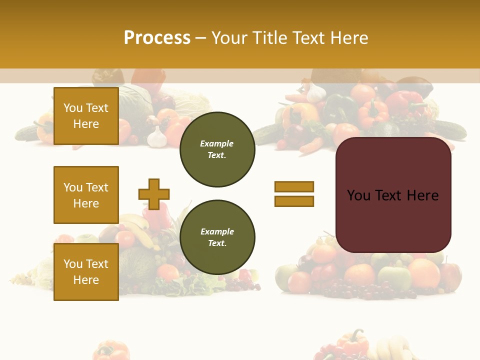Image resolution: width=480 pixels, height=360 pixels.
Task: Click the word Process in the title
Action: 157,38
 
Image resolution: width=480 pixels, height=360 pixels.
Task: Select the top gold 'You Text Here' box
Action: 86,116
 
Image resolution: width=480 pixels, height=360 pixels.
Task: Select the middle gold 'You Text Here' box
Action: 86,195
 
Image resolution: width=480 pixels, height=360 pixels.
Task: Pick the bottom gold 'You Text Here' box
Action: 86,272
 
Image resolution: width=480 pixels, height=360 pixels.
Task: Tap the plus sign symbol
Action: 154,194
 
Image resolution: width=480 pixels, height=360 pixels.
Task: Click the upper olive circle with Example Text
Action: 217,149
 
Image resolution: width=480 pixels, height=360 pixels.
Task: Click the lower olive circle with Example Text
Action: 217,237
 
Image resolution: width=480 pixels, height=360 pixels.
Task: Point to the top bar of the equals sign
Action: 294,186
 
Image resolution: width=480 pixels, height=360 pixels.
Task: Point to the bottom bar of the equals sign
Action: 294,201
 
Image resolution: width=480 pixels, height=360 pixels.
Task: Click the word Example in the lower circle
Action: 217,231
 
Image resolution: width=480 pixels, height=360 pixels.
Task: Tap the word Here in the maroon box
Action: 422,195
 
